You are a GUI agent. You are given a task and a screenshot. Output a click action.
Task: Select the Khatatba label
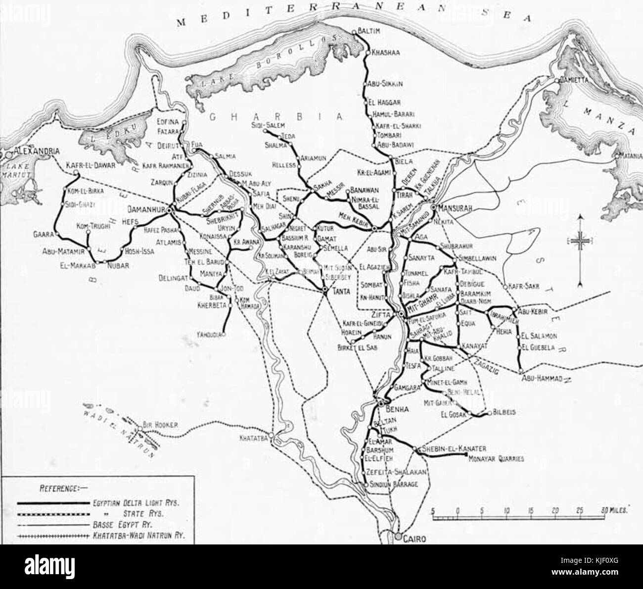(253, 438)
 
